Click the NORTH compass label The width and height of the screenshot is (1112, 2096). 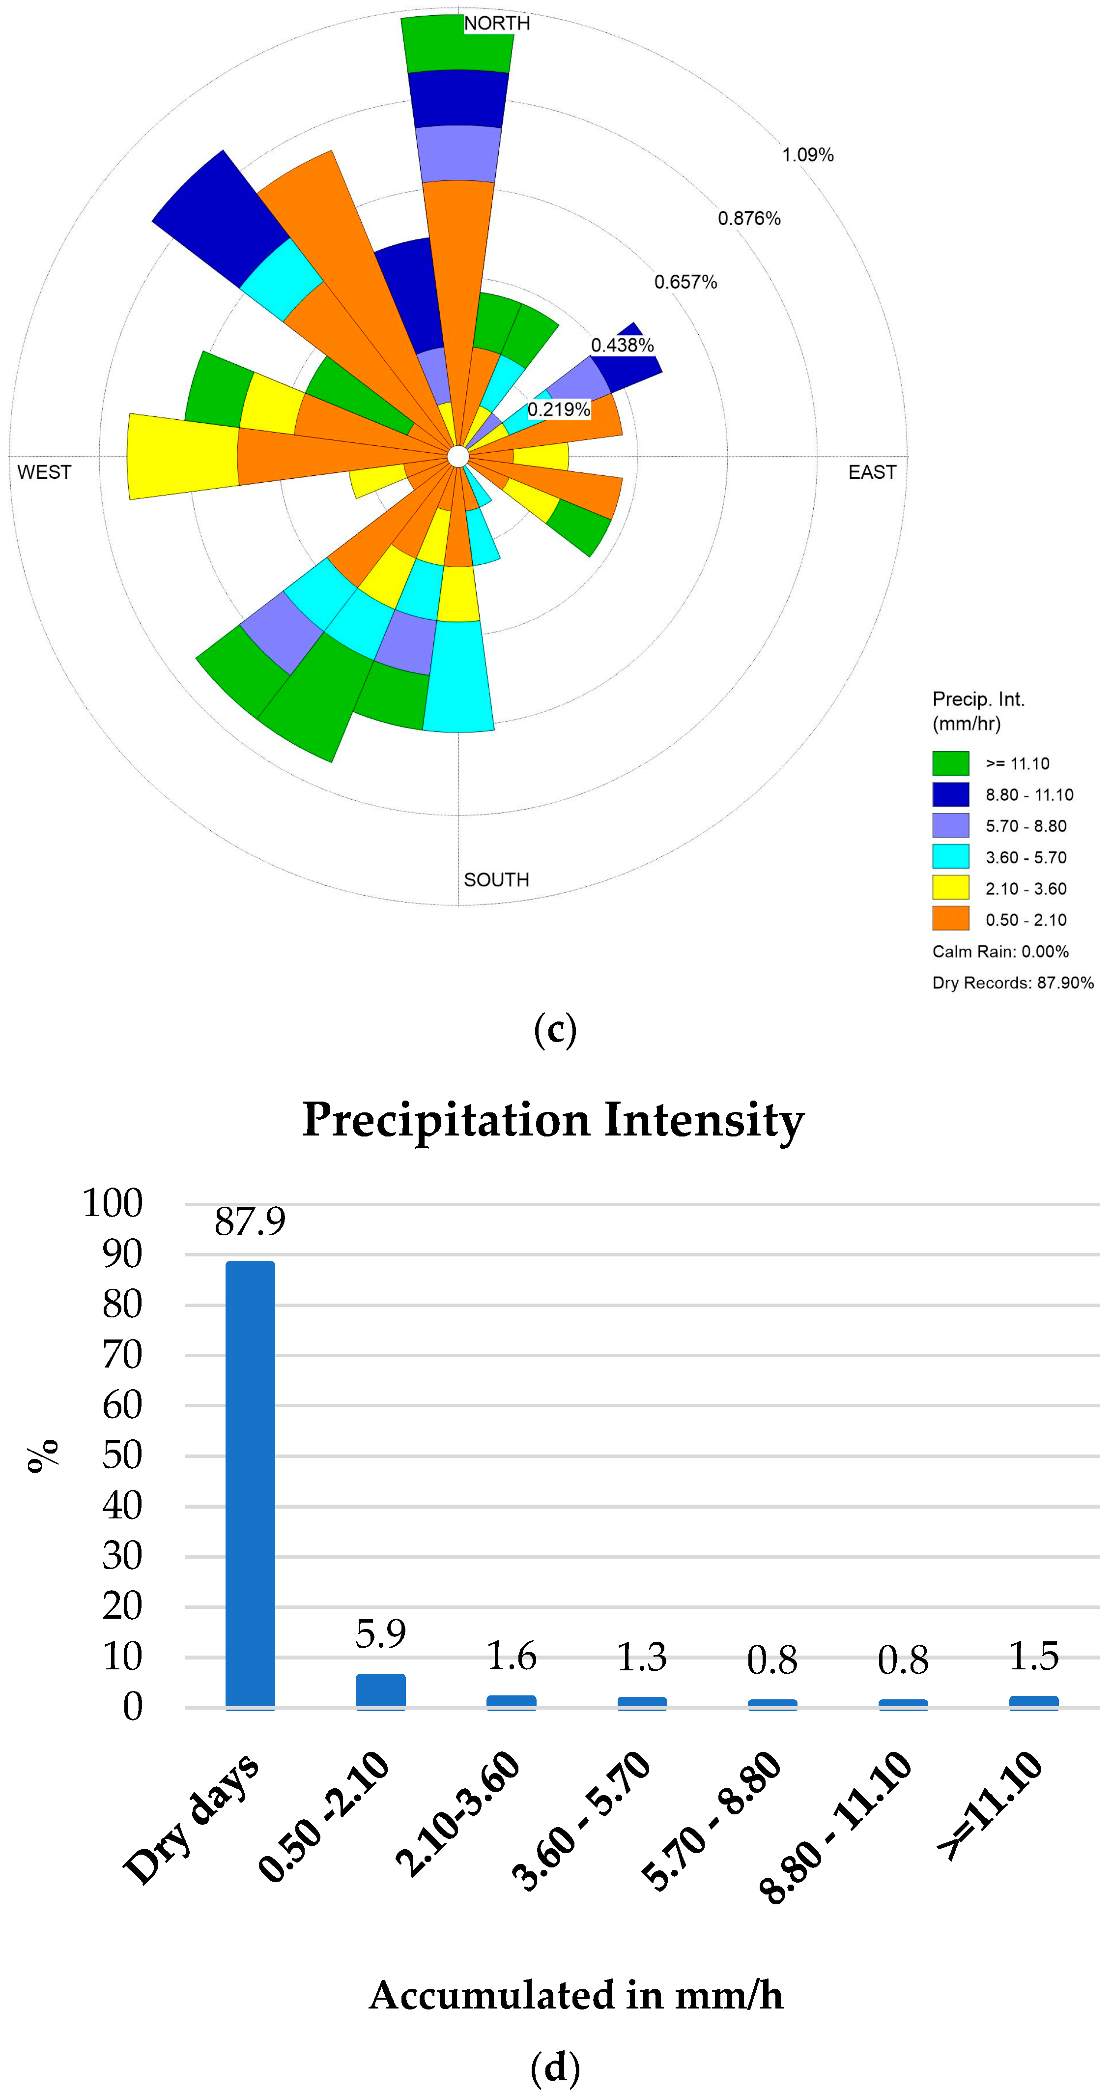click(x=496, y=23)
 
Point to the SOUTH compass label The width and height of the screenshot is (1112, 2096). click(x=496, y=879)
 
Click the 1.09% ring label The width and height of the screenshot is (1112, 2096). click(x=808, y=155)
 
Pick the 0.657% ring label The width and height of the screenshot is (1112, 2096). click(x=686, y=282)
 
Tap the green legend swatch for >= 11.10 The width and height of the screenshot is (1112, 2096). click(x=950, y=763)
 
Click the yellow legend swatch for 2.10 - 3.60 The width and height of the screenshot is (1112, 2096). click(x=950, y=888)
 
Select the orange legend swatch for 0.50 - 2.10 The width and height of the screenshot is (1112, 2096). click(x=950, y=919)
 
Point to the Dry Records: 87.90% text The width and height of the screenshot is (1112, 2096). click(x=1013, y=983)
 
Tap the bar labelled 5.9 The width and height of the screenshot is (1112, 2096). click(x=381, y=1691)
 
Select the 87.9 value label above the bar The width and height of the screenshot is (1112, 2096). click(x=250, y=1222)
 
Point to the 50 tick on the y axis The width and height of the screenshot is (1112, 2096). click(x=122, y=1455)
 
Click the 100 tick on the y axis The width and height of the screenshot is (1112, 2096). click(x=112, y=1203)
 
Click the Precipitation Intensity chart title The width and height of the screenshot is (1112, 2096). click(x=553, y=1120)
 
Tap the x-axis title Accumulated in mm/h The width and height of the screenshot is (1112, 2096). click(x=576, y=1996)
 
